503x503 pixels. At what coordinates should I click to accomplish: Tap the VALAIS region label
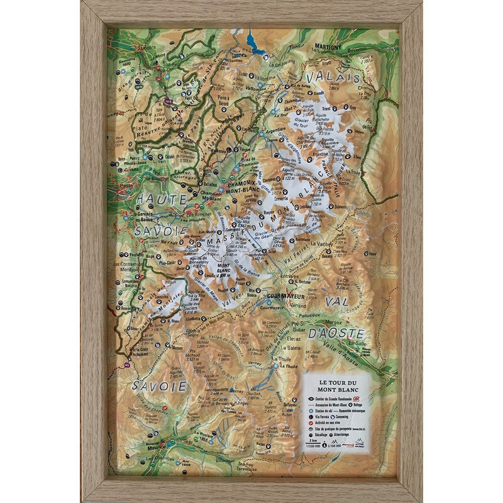click(333, 77)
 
